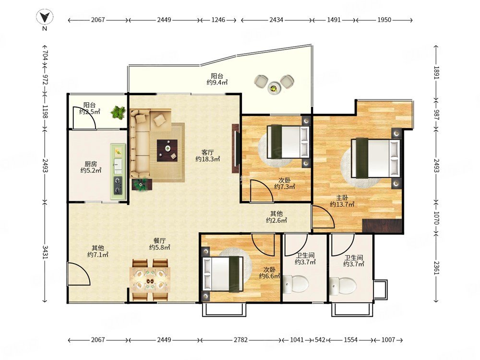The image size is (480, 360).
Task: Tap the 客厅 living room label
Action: point(207,152)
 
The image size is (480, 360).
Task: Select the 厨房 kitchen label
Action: point(91,164)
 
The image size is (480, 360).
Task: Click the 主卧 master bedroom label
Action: point(342,198)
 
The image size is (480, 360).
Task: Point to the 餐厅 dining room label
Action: point(159,240)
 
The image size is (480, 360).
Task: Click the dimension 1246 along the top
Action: point(218,20)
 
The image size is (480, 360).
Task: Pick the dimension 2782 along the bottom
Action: point(240,340)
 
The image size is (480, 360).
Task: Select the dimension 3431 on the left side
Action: point(45,252)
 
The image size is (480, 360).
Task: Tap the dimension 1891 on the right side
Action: point(436,73)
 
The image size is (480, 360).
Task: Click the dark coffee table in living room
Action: point(167,150)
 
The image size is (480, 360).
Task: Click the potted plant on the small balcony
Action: point(118,112)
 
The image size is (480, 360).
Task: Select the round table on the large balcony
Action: point(274,88)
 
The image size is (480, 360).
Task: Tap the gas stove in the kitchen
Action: point(118,185)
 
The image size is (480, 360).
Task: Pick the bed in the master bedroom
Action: point(376,158)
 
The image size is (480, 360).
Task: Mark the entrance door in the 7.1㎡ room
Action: point(78,274)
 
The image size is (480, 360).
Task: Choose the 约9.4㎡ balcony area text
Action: point(217,83)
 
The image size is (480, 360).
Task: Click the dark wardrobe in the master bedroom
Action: point(382,226)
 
